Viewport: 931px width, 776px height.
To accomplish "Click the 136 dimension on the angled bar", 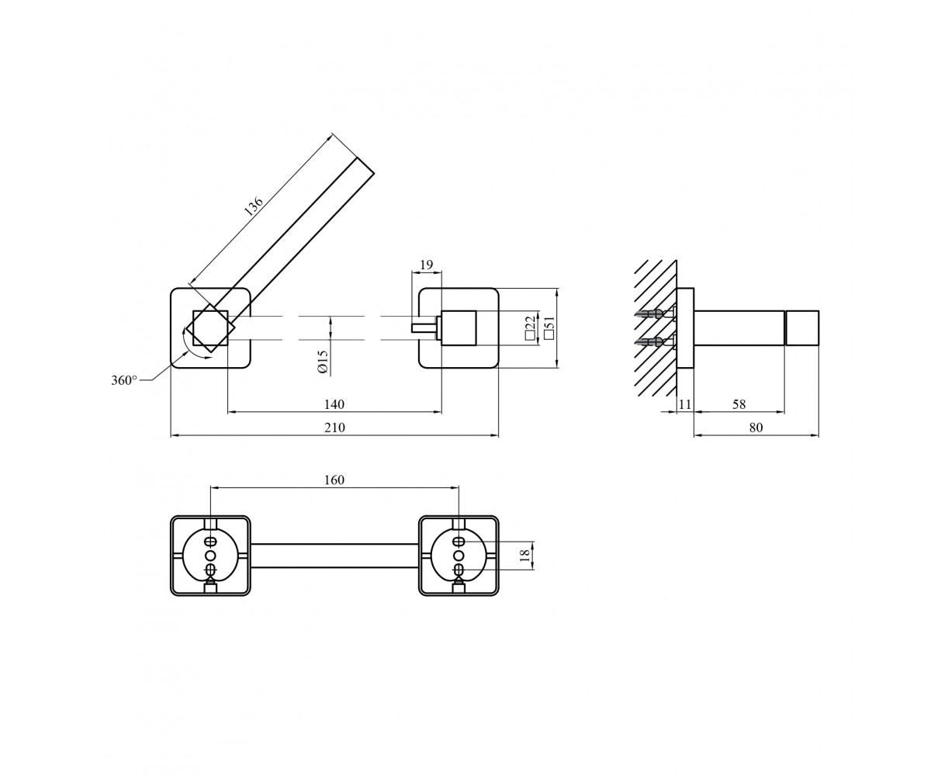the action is [254, 206].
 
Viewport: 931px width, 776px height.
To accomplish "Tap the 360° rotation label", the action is [124, 380].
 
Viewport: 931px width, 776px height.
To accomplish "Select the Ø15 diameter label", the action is [323, 362].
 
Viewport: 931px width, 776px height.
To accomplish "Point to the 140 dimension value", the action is [334, 404].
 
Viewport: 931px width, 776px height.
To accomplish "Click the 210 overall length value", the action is [334, 428].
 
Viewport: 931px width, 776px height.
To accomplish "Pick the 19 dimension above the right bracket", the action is [426, 265].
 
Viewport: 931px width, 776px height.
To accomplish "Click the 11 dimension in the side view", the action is [685, 404].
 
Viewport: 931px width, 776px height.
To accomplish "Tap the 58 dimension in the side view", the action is [739, 404].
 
